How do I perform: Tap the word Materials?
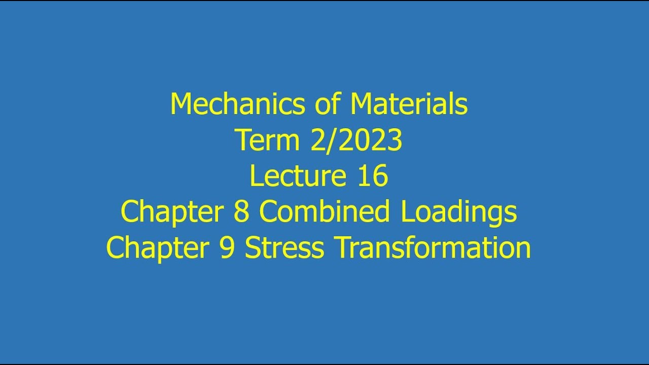409,105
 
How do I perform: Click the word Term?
267,141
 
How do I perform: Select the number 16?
373,176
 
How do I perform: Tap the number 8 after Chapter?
241,212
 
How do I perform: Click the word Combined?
324,212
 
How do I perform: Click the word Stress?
284,248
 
